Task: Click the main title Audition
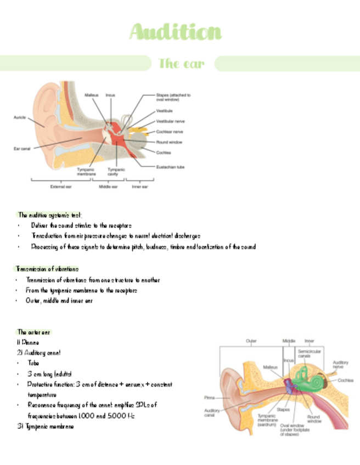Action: pyautogui.click(x=176, y=33)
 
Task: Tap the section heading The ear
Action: pyautogui.click(x=181, y=64)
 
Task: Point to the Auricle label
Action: pyautogui.click(x=20, y=117)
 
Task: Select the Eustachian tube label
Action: pyautogui.click(x=170, y=167)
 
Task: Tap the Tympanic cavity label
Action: pyautogui.click(x=116, y=172)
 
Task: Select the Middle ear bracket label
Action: pyautogui.click(x=108, y=186)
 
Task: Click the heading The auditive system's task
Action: pyautogui.click(x=50, y=215)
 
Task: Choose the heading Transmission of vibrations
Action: pyautogui.click(x=47, y=269)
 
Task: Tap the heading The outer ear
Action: pyautogui.click(x=34, y=332)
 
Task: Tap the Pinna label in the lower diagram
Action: pyautogui.click(x=210, y=397)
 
